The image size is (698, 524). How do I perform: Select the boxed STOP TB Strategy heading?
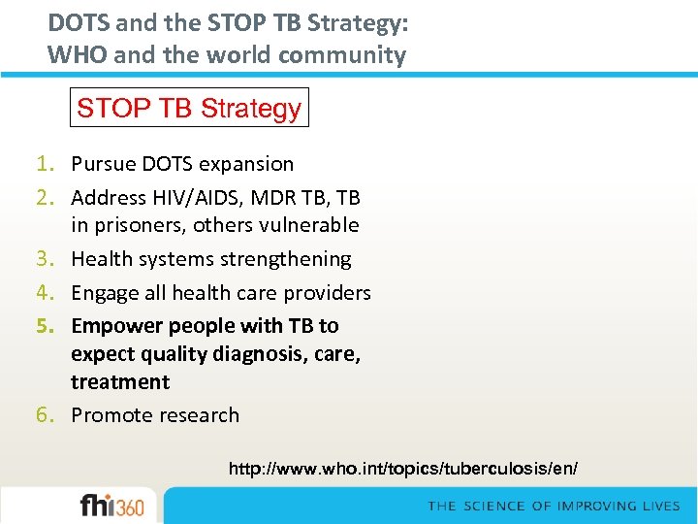coord(189,108)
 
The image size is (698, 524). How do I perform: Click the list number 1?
coord(54,164)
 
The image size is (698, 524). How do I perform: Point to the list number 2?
coord(54,198)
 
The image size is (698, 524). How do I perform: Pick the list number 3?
coord(54,259)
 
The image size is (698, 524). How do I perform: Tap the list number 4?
coord(54,293)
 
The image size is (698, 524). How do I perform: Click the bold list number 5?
coord(54,326)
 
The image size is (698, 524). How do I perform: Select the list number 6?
coord(54,415)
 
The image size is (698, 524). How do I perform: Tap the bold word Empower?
coord(111,326)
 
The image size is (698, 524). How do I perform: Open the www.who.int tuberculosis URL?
coord(402,469)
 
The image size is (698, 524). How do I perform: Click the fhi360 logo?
coord(111,507)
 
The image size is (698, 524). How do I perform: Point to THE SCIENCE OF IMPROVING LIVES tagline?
coord(555,507)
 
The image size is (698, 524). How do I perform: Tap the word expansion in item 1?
coord(247,164)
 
